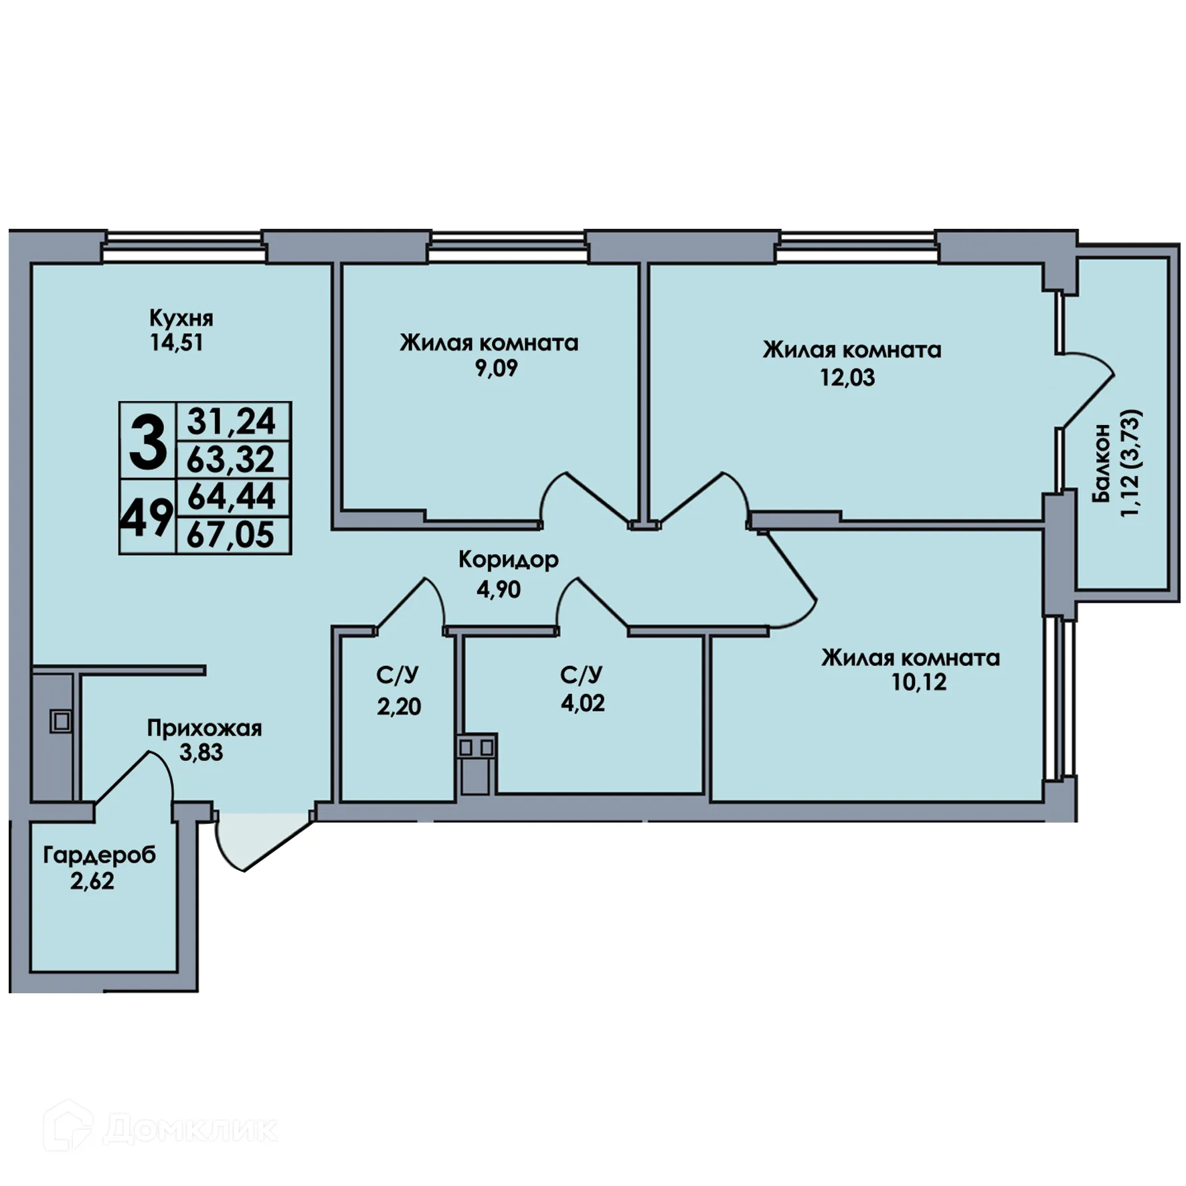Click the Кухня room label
(181, 318)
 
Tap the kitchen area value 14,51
(176, 343)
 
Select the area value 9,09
(496, 368)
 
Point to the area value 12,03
(847, 377)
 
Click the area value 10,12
(918, 682)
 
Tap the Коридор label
(508, 560)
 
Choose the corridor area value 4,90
(499, 589)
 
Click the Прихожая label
(204, 728)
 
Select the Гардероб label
(99, 855)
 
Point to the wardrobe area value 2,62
(92, 881)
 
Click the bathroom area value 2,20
(399, 706)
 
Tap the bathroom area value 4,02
(583, 703)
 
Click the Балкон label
(1101, 462)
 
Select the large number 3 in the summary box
(148, 441)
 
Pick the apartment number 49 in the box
(147, 517)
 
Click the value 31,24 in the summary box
(232, 422)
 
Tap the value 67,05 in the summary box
(231, 535)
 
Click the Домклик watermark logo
(161, 1128)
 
